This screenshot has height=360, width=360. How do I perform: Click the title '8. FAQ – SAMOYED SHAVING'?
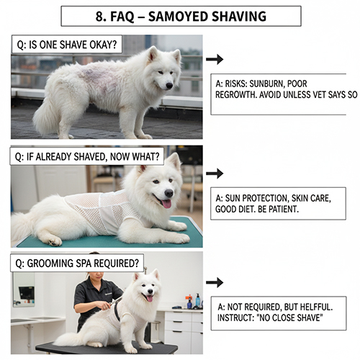click(x=181, y=16)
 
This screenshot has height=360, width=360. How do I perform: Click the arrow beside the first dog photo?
click(x=214, y=59)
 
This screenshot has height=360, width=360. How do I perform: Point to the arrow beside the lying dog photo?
click(x=214, y=174)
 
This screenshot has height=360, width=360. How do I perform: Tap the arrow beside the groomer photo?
click(x=214, y=283)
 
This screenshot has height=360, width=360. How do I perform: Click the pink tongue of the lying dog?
click(x=167, y=204)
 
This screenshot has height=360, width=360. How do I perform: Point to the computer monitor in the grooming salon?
click(x=26, y=294)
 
